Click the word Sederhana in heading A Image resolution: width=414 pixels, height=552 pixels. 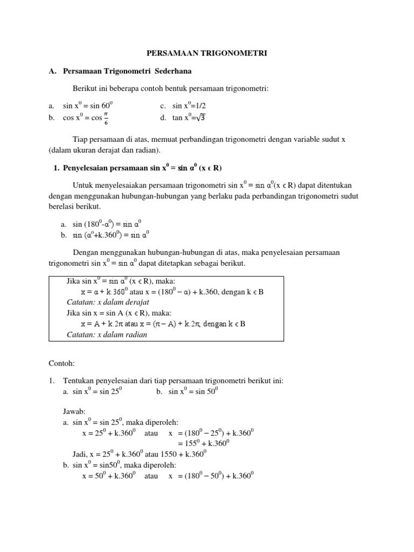[x=172, y=71]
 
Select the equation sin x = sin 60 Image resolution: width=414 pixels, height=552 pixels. [x=88, y=106]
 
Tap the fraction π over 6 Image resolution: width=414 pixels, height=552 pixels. [x=106, y=118]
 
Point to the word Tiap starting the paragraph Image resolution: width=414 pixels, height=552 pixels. [x=80, y=139]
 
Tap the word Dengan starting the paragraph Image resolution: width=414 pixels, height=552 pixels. [x=84, y=252]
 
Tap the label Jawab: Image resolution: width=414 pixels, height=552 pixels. [x=74, y=411]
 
